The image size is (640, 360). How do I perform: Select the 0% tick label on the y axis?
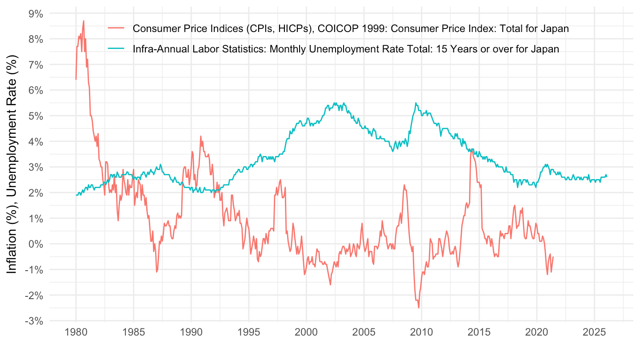pyautogui.click(x=36, y=244)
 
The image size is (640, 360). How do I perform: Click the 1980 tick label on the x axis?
pyautogui.click(x=76, y=332)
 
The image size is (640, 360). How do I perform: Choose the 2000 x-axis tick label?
pyautogui.click(x=306, y=332)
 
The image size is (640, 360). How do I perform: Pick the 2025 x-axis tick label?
pyautogui.click(x=594, y=332)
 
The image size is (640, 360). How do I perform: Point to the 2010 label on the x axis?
pyautogui.click(x=421, y=332)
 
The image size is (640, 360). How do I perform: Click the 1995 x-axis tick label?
pyautogui.click(x=249, y=332)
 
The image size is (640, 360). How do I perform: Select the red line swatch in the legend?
pyautogui.click(x=117, y=29)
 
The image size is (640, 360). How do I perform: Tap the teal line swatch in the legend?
pyautogui.click(x=117, y=49)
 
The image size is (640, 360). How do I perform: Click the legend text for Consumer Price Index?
pyautogui.click(x=351, y=29)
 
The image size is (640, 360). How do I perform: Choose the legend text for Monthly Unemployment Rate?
pyautogui.click(x=346, y=49)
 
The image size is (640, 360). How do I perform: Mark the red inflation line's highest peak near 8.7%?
pyautogui.click(x=84, y=20)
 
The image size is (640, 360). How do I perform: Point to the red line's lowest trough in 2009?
pyautogui.click(x=419, y=308)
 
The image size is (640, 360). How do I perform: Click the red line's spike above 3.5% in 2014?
pyautogui.click(x=471, y=150)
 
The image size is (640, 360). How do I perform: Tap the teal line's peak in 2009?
pyautogui.click(x=416, y=103)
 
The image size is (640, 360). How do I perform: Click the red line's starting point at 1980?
pyautogui.click(x=76, y=79)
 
